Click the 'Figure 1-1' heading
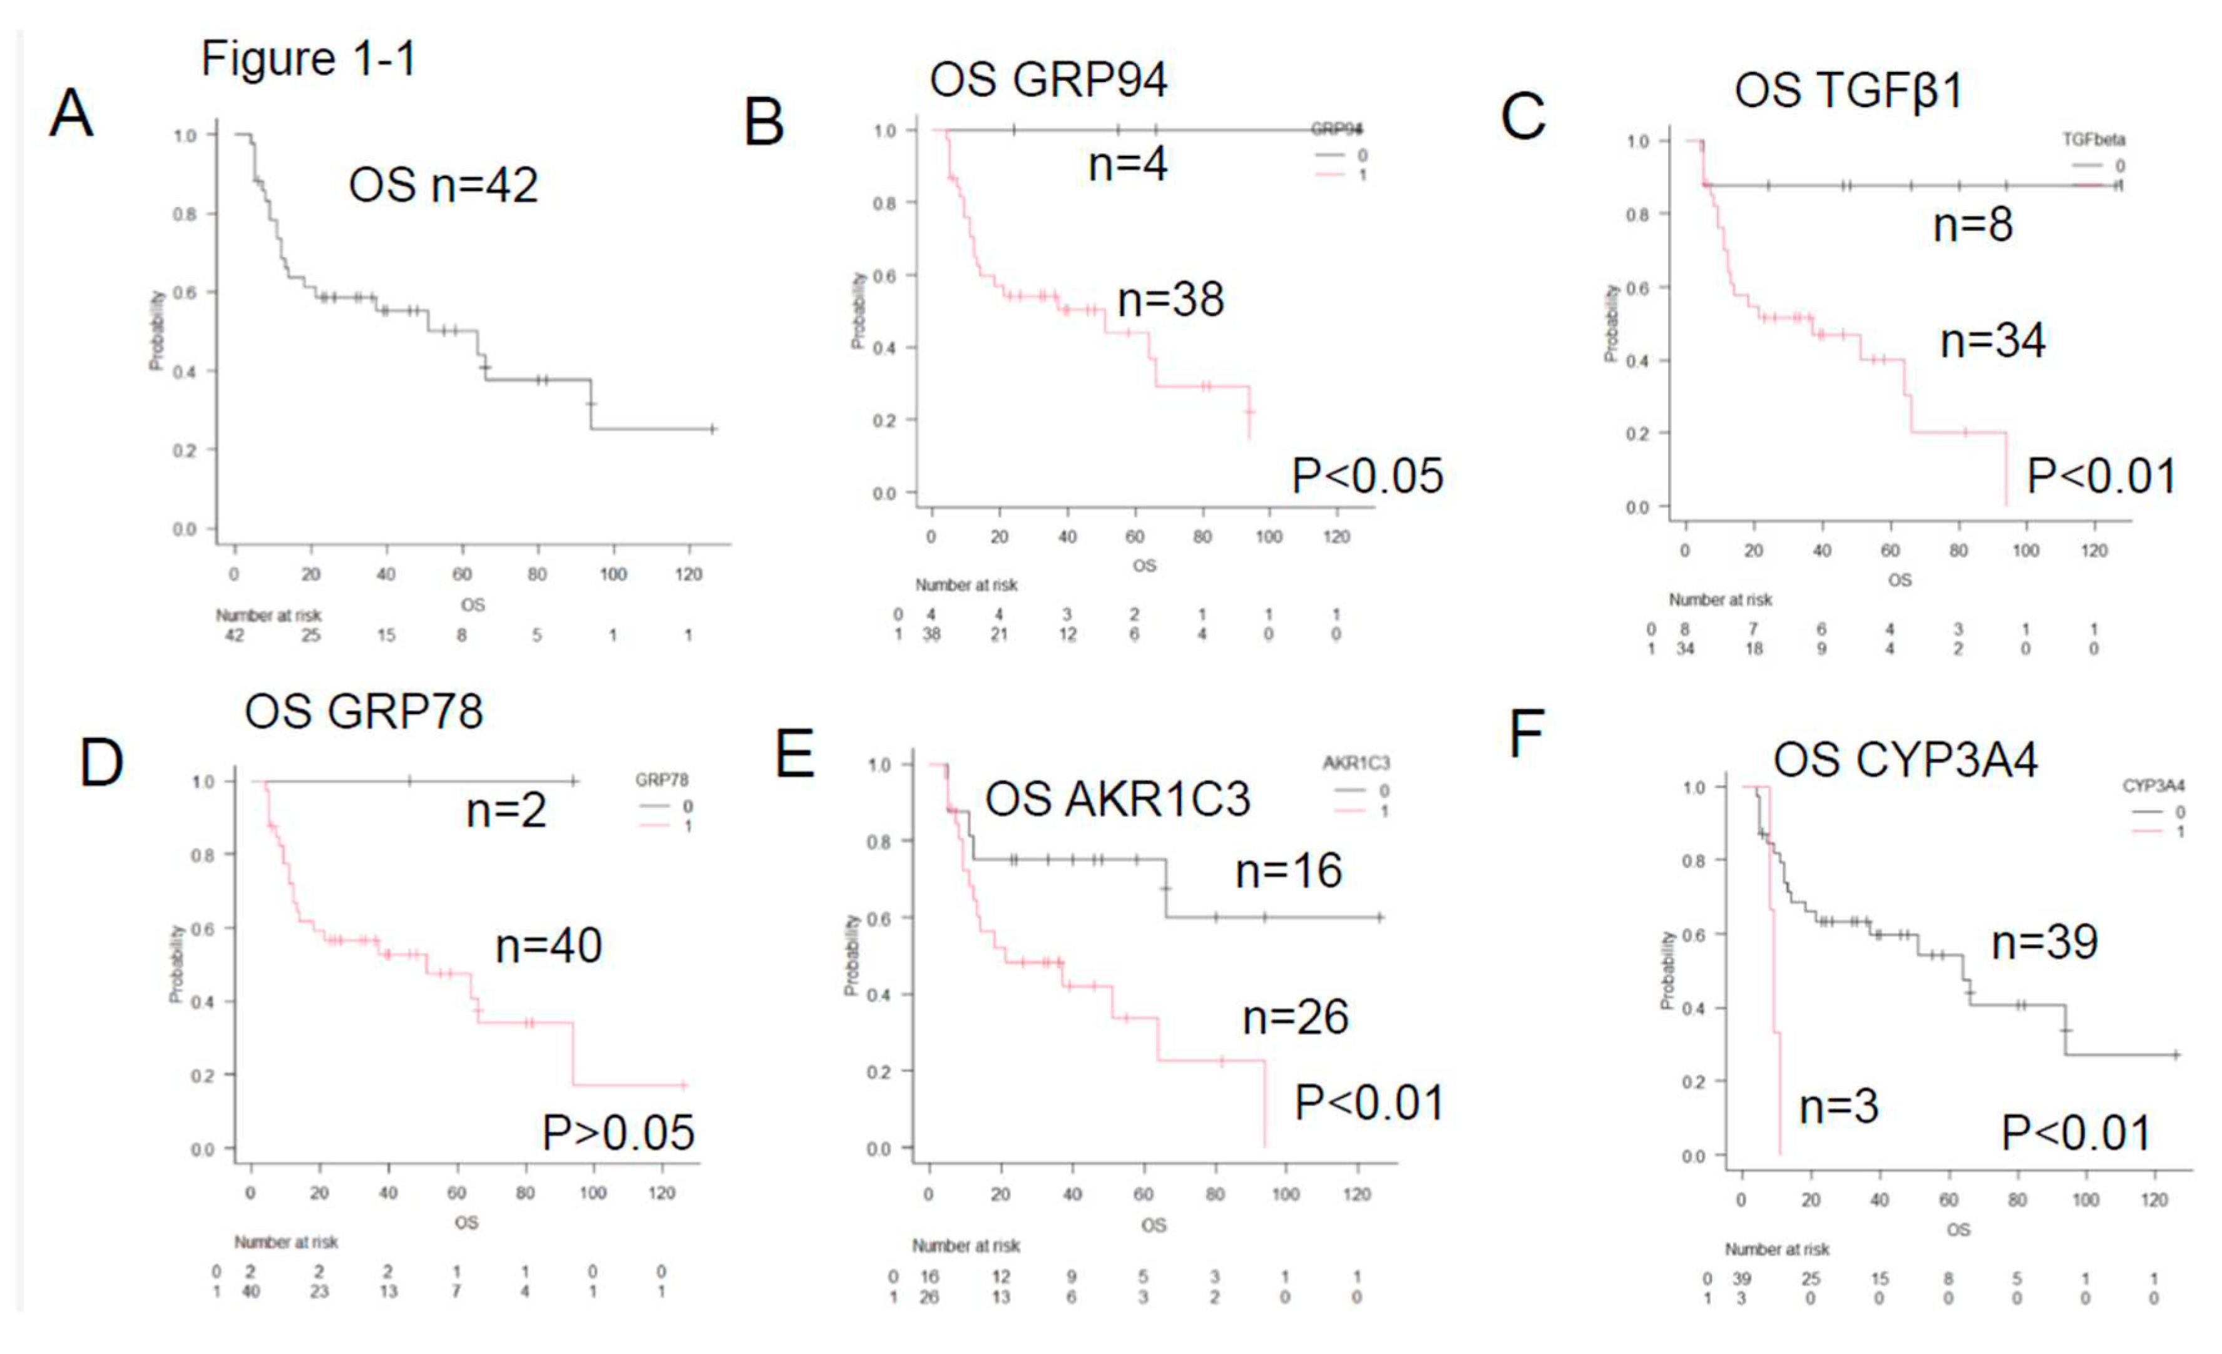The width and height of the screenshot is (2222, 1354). (x=309, y=59)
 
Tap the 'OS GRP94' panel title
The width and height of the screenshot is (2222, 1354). (x=1048, y=80)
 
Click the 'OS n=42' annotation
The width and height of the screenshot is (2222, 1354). (x=443, y=186)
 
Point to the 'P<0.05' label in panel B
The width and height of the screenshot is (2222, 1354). (x=1367, y=476)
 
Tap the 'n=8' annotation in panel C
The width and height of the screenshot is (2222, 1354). (x=1972, y=225)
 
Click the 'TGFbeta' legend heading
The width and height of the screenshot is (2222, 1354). (x=2093, y=140)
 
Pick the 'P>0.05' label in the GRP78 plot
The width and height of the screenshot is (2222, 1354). (x=618, y=1133)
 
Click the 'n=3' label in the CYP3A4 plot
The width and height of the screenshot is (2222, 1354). (x=1838, y=1107)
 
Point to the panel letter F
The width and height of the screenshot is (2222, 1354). (x=1527, y=735)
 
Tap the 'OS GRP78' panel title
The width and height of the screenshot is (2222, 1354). (x=364, y=712)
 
